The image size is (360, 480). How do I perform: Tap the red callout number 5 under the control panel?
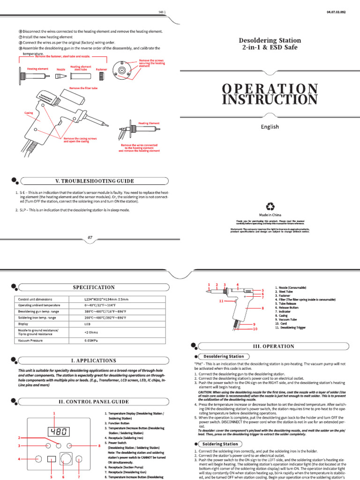point(52,477)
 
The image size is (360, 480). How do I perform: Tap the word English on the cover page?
point(270,127)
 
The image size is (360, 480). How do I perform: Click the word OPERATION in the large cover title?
point(270,88)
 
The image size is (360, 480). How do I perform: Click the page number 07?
point(90,238)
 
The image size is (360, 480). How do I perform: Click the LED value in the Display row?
point(87,323)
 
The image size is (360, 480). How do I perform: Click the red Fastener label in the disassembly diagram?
point(101,69)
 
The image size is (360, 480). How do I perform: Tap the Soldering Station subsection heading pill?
point(220,443)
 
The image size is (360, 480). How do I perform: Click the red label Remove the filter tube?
point(83,88)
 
